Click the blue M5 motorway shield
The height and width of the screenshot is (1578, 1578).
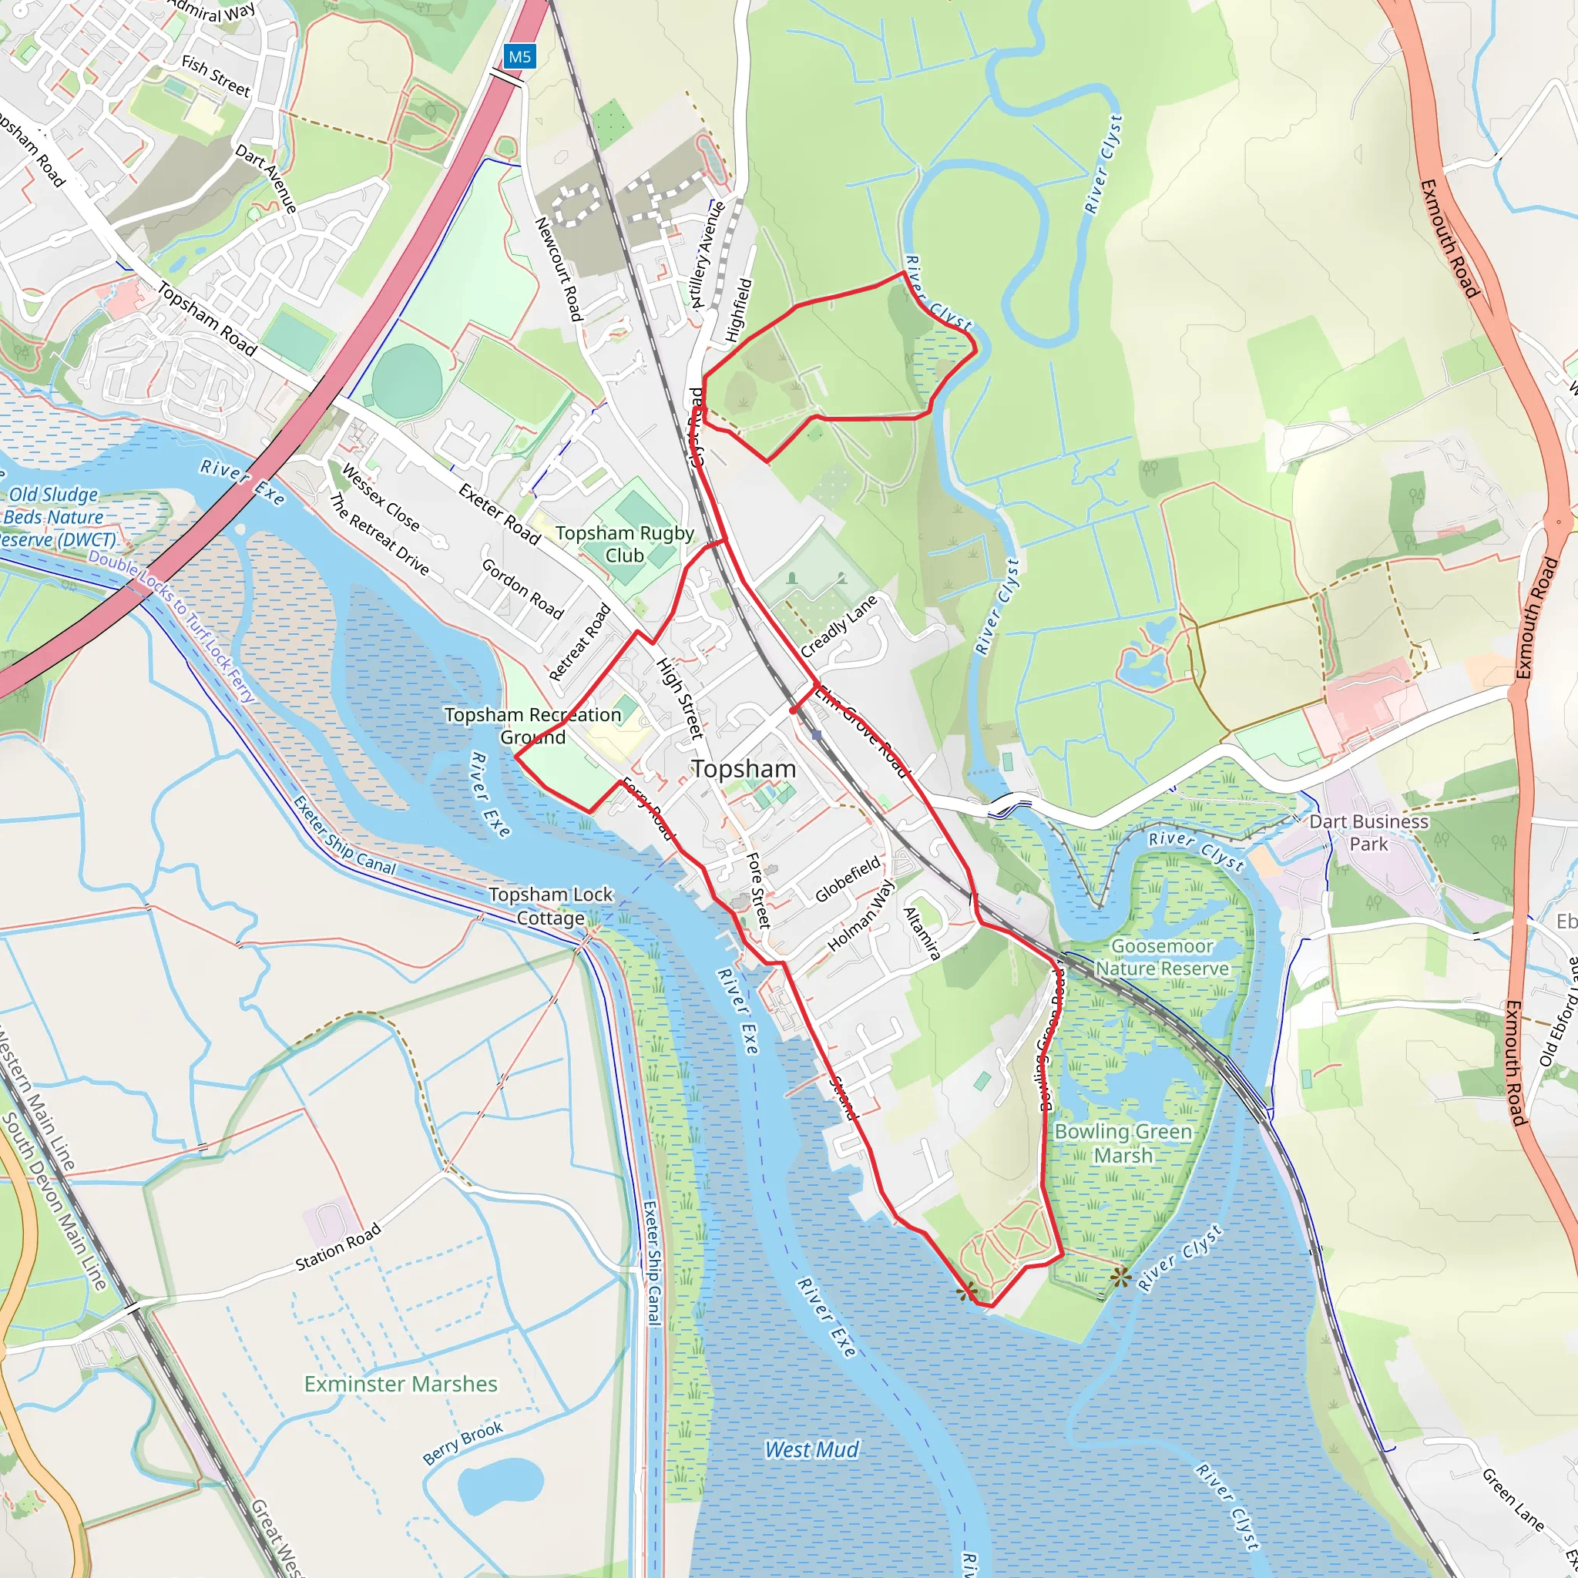pyautogui.click(x=519, y=56)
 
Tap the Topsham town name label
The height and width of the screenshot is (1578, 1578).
pyautogui.click(x=744, y=768)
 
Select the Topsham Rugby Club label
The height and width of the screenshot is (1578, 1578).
pyautogui.click(x=625, y=544)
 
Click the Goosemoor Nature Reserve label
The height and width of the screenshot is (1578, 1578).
pyautogui.click(x=1161, y=957)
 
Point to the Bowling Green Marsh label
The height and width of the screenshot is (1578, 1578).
pyautogui.click(x=1123, y=1143)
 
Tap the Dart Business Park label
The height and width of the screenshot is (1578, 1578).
pyautogui.click(x=1369, y=833)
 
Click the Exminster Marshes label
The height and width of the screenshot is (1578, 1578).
pyautogui.click(x=400, y=1385)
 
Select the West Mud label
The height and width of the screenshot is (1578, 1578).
pyautogui.click(x=811, y=1450)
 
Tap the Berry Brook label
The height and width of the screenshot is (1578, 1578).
pyautogui.click(x=462, y=1443)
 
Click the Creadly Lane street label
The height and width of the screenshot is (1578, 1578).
pyautogui.click(x=838, y=626)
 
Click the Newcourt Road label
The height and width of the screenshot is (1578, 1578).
pyautogui.click(x=559, y=269)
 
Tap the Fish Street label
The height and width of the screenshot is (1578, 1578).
pyautogui.click(x=216, y=76)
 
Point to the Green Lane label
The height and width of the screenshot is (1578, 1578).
pyautogui.click(x=1513, y=1499)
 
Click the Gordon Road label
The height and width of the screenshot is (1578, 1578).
pyautogui.click(x=522, y=589)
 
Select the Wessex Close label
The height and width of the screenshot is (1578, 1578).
pyautogui.click(x=380, y=498)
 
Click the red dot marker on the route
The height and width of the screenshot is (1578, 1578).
pyautogui.click(x=793, y=710)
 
